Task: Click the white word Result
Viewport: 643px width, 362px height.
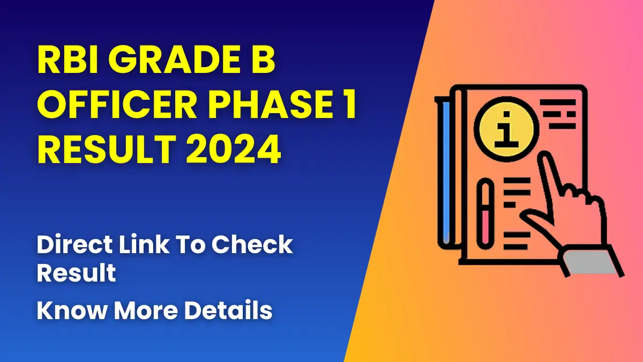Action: pyautogui.click(x=76, y=274)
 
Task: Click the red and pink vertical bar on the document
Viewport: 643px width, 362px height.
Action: pyautogui.click(x=487, y=215)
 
